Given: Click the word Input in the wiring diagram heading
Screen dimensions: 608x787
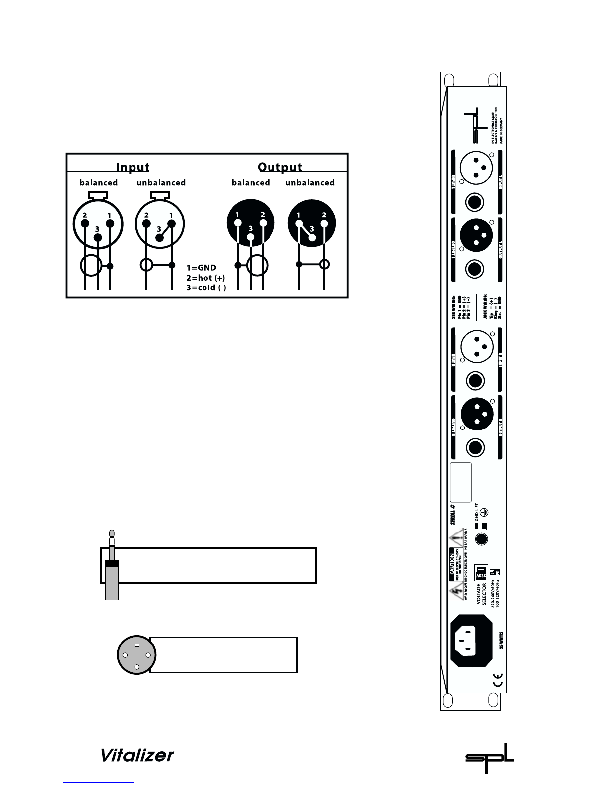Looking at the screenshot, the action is pyautogui.click(x=133, y=167).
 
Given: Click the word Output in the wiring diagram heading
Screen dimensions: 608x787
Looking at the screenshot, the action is pyautogui.click(x=280, y=167).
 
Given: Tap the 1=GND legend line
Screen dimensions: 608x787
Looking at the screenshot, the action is pyautogui.click(x=201, y=268).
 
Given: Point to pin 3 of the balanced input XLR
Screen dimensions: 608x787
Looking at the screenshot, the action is pyautogui.click(x=98, y=237).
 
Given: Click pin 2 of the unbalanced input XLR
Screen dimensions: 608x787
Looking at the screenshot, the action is pyautogui.click(x=146, y=223).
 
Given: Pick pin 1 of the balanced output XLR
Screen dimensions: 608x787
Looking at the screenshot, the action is pyautogui.click(x=238, y=223).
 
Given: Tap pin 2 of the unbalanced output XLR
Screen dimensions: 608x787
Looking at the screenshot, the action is pyautogui.click(x=324, y=223).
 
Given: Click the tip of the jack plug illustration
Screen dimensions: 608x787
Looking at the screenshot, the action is pyautogui.click(x=112, y=534).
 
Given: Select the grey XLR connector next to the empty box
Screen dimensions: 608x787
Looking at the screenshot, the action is pyautogui.click(x=136, y=654).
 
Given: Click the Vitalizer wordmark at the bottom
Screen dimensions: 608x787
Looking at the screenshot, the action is pyautogui.click(x=137, y=755).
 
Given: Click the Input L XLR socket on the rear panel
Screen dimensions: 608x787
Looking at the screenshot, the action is pyautogui.click(x=476, y=168).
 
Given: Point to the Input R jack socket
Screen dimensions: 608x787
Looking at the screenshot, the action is pyautogui.click(x=475, y=381).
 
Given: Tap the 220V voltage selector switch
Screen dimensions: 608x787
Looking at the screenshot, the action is pyautogui.click(x=481, y=572).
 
